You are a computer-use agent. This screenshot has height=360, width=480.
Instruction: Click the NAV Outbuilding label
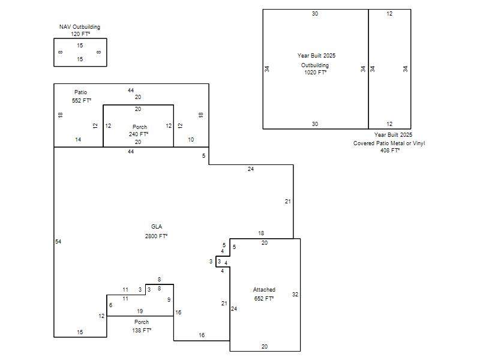click(x=80, y=27)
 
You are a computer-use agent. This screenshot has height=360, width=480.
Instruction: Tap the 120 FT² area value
click(x=80, y=34)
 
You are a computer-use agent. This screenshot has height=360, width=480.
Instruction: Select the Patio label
click(x=80, y=92)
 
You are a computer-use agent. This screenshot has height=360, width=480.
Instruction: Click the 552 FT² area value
click(x=82, y=100)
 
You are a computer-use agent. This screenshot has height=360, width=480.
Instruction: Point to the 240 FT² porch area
click(x=139, y=134)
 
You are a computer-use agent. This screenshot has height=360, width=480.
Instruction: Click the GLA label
click(x=157, y=227)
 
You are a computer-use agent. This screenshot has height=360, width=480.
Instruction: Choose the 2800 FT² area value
click(x=156, y=236)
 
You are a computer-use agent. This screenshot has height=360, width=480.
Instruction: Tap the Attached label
click(x=264, y=290)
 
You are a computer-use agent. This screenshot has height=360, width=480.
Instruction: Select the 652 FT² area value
click(x=264, y=298)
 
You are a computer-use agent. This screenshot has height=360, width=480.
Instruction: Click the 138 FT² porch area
click(x=142, y=331)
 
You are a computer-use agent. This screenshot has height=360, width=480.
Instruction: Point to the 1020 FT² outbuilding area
click(x=316, y=72)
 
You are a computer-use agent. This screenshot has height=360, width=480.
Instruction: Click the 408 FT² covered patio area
click(x=390, y=151)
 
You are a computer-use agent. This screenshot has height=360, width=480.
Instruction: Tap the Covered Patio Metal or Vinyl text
click(x=389, y=143)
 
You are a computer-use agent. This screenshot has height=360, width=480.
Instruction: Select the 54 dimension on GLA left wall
click(x=58, y=242)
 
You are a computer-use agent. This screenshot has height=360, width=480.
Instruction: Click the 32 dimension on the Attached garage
click(x=295, y=294)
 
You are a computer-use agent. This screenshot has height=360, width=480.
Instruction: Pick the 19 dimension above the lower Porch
click(x=140, y=311)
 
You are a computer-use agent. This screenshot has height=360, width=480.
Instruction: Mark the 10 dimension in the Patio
click(x=191, y=140)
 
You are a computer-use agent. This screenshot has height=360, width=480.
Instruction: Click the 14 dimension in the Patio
click(x=78, y=140)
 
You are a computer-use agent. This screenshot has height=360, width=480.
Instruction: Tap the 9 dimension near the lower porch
click(x=169, y=299)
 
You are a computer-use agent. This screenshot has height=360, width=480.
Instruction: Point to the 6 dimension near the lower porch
click(x=110, y=305)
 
